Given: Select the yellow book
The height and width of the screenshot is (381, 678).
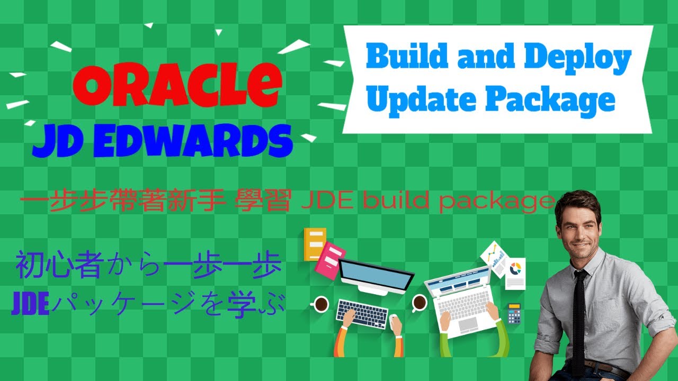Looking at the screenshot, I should point(315,243).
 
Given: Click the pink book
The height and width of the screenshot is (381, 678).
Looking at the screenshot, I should point(330,260).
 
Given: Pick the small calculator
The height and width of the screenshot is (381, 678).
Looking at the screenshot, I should point(513,313).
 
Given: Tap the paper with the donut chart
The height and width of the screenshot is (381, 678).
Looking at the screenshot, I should point(514,273).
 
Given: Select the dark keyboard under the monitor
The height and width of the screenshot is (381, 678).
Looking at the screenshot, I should point(362,313).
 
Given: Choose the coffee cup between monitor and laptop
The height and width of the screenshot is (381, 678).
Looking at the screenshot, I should point(419,303).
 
